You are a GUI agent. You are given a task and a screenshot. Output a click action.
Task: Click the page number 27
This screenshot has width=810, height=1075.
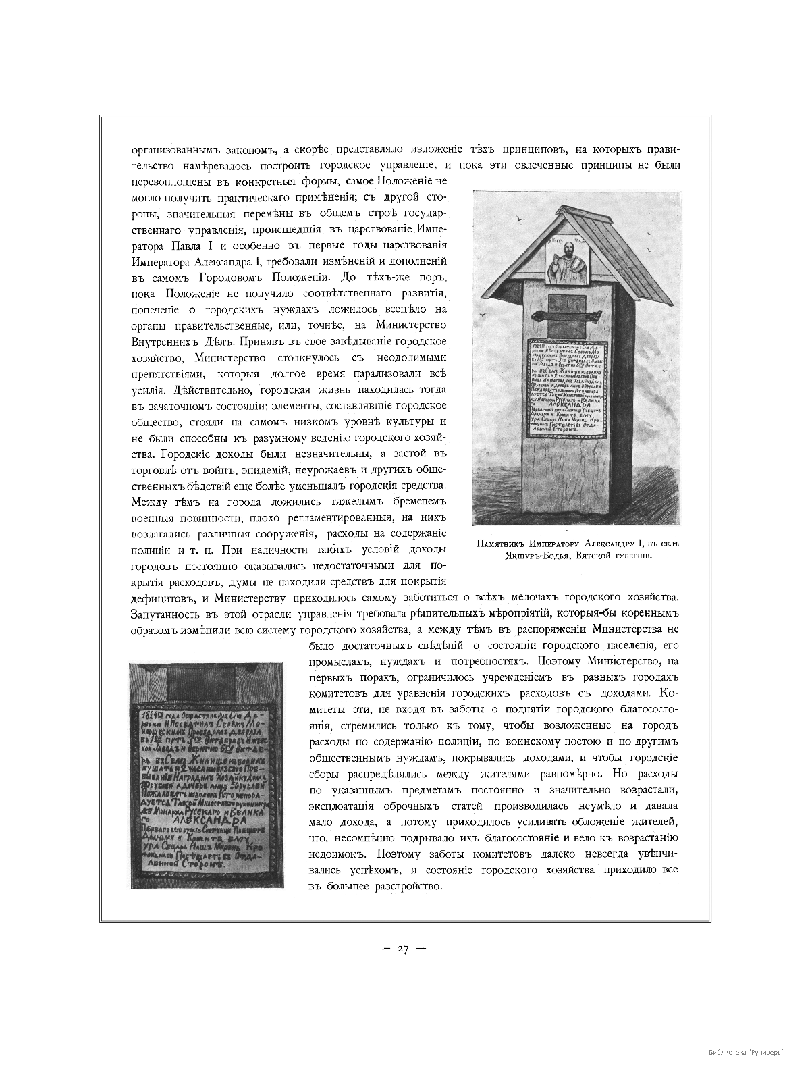[404, 949]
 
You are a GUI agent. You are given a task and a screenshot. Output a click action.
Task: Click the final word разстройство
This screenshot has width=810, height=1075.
[413, 887]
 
